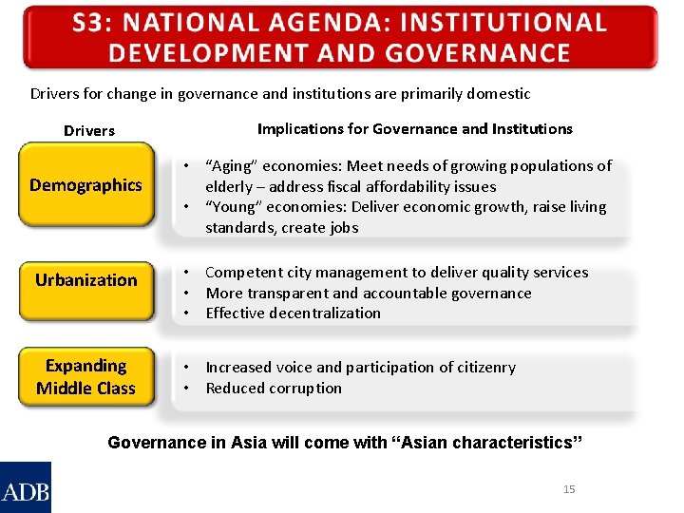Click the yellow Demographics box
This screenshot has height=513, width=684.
point(85,185)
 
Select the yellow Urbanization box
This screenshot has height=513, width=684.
point(85,280)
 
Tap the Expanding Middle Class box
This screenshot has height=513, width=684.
point(85,377)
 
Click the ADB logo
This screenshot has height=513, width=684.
point(26,488)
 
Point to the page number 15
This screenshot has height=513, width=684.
point(569,489)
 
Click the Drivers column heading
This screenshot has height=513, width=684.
point(88,131)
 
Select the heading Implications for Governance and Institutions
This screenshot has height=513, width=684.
point(414,129)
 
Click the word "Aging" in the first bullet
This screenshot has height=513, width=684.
point(232,166)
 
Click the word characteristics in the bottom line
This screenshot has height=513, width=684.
point(503,443)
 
